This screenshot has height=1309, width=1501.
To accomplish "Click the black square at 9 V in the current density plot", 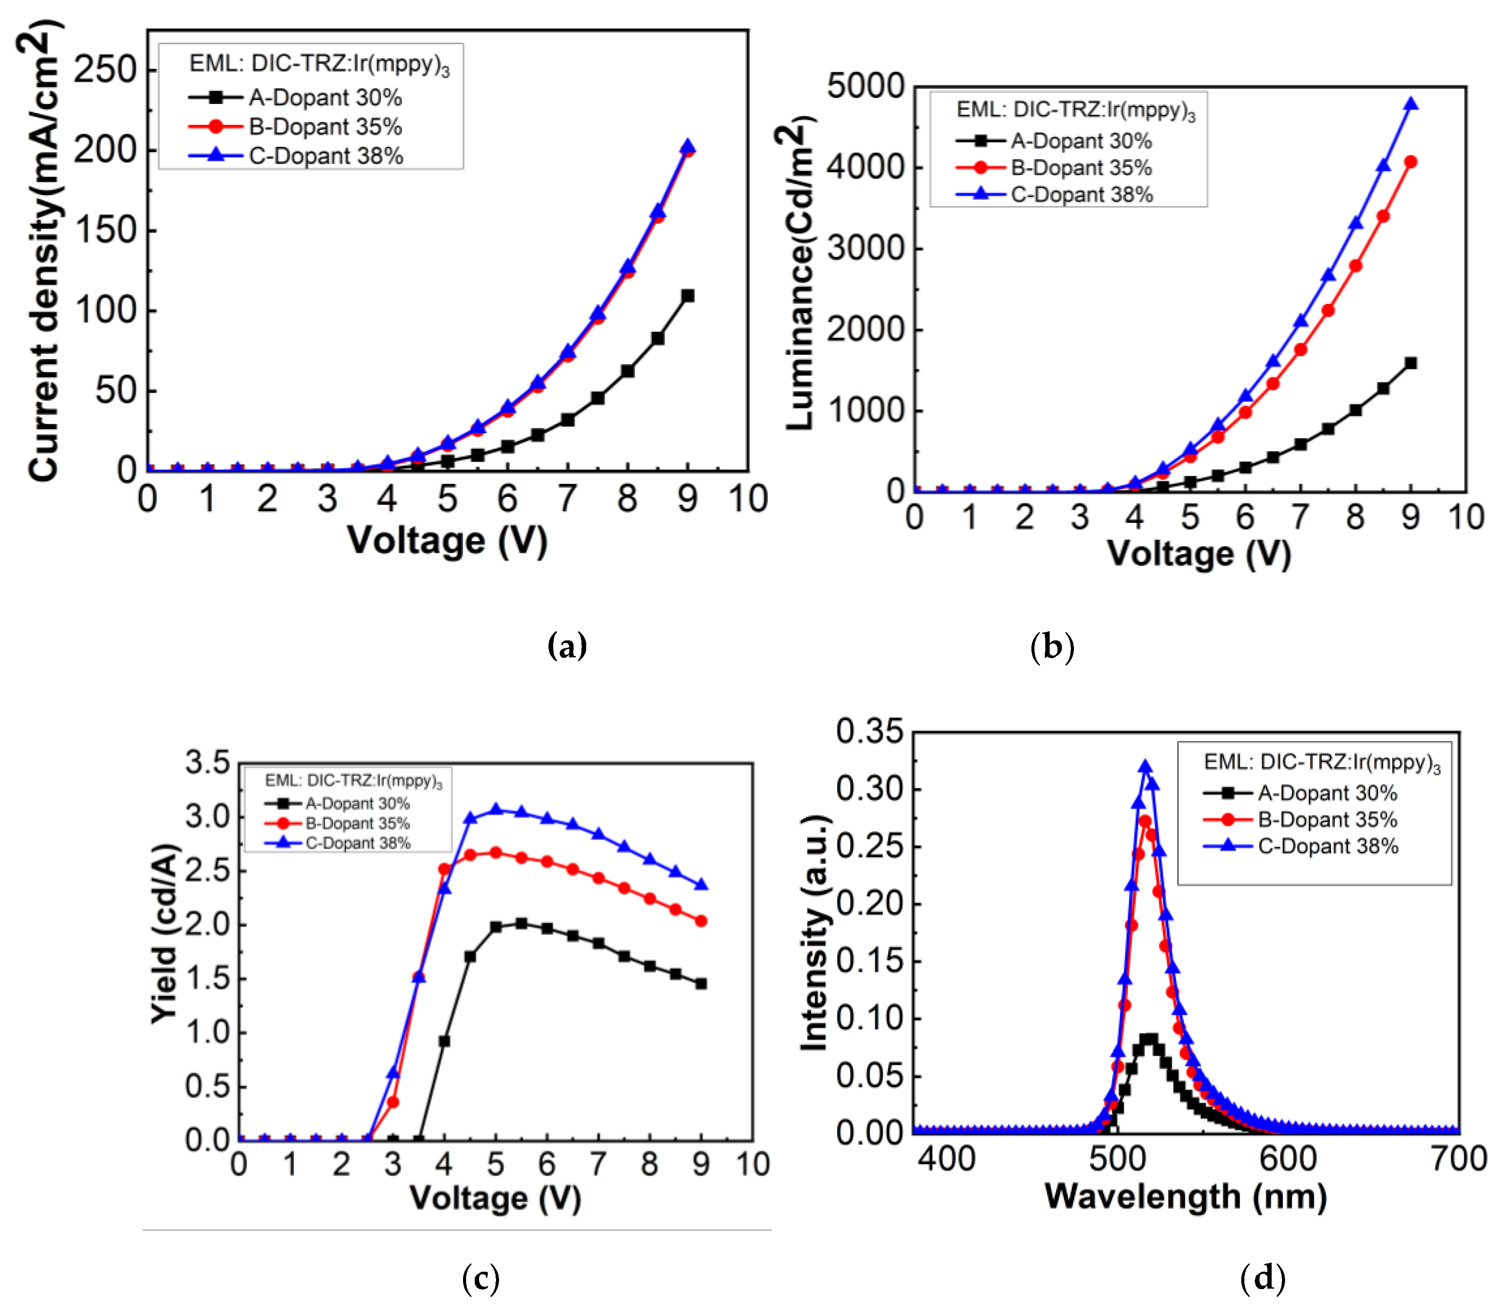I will point(687,296).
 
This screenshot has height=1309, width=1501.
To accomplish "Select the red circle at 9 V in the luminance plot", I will point(1410,162).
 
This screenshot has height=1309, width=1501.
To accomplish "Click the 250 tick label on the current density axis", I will point(105,71).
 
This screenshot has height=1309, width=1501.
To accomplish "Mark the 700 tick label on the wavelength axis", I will point(1459,1159).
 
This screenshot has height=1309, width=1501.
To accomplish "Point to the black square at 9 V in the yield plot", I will point(701,984).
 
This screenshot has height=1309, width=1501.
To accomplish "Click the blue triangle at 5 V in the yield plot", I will point(496,810).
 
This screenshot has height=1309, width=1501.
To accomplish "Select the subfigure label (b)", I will point(1052,646).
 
